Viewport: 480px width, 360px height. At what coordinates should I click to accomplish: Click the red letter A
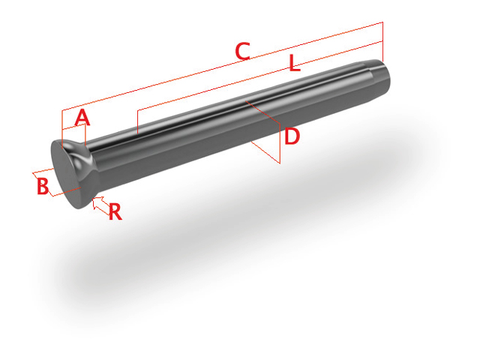(x=82, y=118)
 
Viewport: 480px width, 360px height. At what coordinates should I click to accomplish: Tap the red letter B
(x=43, y=185)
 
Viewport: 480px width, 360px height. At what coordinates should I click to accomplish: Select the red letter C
(x=241, y=52)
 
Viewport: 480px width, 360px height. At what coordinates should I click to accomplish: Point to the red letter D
(x=292, y=136)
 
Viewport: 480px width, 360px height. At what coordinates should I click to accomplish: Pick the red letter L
(x=294, y=64)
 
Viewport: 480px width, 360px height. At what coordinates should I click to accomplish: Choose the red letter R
(x=115, y=212)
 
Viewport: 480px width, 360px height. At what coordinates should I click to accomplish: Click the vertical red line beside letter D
(x=280, y=142)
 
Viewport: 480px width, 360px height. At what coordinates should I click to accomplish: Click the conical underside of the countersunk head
(x=90, y=154)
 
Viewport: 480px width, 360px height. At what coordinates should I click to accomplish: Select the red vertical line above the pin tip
(x=382, y=42)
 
